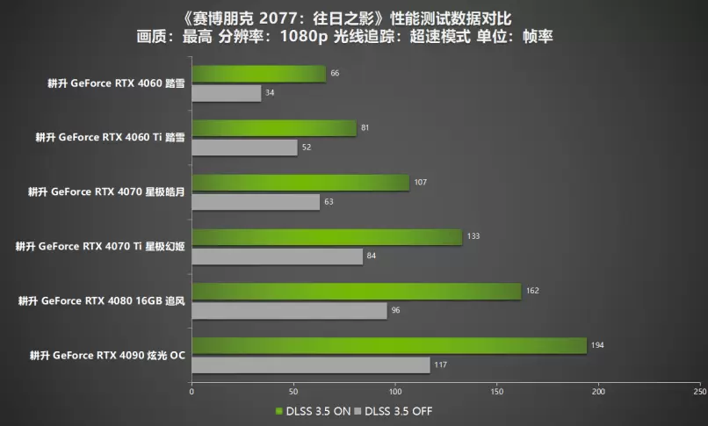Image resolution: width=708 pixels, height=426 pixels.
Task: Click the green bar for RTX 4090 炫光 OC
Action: pyautogui.click(x=388, y=345)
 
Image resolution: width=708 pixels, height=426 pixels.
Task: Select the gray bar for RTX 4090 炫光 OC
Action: pyautogui.click(x=310, y=365)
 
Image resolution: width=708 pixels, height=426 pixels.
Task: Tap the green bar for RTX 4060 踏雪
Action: pyautogui.click(x=258, y=74)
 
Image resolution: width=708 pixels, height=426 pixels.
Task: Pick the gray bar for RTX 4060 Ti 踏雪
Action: pyautogui.click(x=244, y=148)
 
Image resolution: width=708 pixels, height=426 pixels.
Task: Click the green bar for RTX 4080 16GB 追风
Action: pyautogui.click(x=356, y=291)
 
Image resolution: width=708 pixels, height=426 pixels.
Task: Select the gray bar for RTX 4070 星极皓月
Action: pyautogui.click(x=255, y=202)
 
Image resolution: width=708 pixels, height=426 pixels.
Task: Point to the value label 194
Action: pyautogui.click(x=597, y=345)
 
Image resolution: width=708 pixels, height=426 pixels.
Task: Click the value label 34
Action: pyautogui.click(x=270, y=92)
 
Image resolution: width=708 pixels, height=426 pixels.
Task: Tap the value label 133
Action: pyautogui.click(x=473, y=237)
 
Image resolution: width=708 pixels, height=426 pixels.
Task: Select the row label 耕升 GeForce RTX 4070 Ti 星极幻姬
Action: pyautogui.click(x=100, y=246)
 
